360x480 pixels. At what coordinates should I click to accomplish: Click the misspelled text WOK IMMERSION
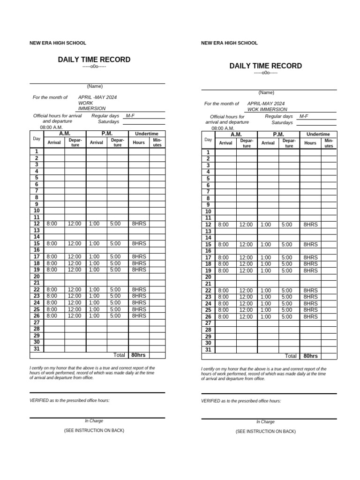pyautogui.click(x=267, y=109)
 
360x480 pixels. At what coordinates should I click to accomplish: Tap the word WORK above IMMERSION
pyautogui.click(x=85, y=103)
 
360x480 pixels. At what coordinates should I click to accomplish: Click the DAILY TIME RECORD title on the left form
pyautogui.click(x=94, y=60)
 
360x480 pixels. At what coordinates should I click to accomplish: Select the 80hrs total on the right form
pyautogui.click(x=310, y=356)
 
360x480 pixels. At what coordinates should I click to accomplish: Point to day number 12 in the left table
pyautogui.click(x=36, y=224)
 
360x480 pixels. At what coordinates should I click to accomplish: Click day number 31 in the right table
pyautogui.click(x=208, y=350)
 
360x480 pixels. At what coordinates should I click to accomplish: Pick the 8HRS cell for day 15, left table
pyautogui.click(x=139, y=244)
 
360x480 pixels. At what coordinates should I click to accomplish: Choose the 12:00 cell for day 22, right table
pyautogui.click(x=246, y=291)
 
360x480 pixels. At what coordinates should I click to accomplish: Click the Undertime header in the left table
pyautogui.click(x=147, y=134)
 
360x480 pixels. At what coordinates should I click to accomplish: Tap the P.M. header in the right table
pyautogui.click(x=278, y=135)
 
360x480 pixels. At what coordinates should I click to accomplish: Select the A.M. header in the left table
pyautogui.click(x=65, y=134)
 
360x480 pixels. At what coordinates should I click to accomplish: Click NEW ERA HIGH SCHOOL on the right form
pyautogui.click(x=229, y=43)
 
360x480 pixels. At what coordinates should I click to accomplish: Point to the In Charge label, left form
pyautogui.click(x=94, y=421)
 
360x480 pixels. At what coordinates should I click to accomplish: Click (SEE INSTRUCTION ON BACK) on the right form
pyautogui.click(x=265, y=431)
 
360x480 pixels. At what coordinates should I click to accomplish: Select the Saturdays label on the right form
pyautogui.click(x=282, y=123)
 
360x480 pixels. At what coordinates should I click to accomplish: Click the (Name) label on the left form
pyautogui.click(x=95, y=86)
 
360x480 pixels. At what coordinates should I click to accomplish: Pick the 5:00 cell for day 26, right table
pyautogui.click(x=287, y=317)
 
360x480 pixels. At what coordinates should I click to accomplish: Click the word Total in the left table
pyautogui.click(x=119, y=355)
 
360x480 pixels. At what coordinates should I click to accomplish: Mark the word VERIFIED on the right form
pyautogui.click(x=210, y=401)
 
